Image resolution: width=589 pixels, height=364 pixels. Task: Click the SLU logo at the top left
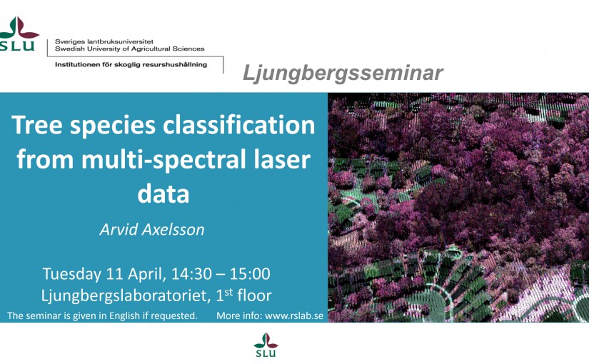pos(19,34)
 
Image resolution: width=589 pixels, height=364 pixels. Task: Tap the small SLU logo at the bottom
pos(266,345)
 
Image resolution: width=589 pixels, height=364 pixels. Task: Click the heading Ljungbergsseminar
pos(343,73)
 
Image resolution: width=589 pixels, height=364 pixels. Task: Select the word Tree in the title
pos(37,125)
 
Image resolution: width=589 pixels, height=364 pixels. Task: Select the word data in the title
pos(163,193)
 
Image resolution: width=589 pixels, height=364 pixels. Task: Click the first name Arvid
pos(118,230)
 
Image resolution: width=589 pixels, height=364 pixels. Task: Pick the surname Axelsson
pos(173,230)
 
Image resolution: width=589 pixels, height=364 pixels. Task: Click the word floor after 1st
pos(254,295)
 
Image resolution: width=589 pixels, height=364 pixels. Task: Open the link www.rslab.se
pos(294,315)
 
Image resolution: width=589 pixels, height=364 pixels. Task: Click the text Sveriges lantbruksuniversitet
pos(104,41)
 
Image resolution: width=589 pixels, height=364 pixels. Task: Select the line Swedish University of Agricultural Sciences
pos(130,49)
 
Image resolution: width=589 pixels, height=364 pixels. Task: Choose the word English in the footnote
pos(125,315)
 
